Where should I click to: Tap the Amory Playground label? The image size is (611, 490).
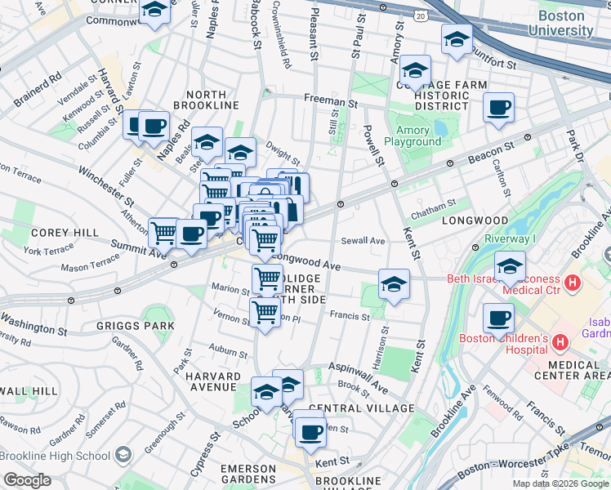[x=418, y=136]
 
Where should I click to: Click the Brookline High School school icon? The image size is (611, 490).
[x=123, y=455]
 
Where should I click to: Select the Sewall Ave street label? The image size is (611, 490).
[x=363, y=241]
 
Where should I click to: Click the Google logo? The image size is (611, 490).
[x=27, y=480]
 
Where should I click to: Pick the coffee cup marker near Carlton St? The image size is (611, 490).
[x=498, y=108]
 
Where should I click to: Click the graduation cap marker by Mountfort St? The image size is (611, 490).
[x=457, y=39]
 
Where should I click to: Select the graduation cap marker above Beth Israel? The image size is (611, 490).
[x=510, y=265]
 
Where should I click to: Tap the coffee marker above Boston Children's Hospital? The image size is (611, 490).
[x=498, y=318]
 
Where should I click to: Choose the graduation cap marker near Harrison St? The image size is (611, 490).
[x=394, y=284]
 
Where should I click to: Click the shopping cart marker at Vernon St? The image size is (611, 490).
[x=265, y=312]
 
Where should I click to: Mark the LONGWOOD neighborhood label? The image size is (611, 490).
[x=475, y=221]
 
